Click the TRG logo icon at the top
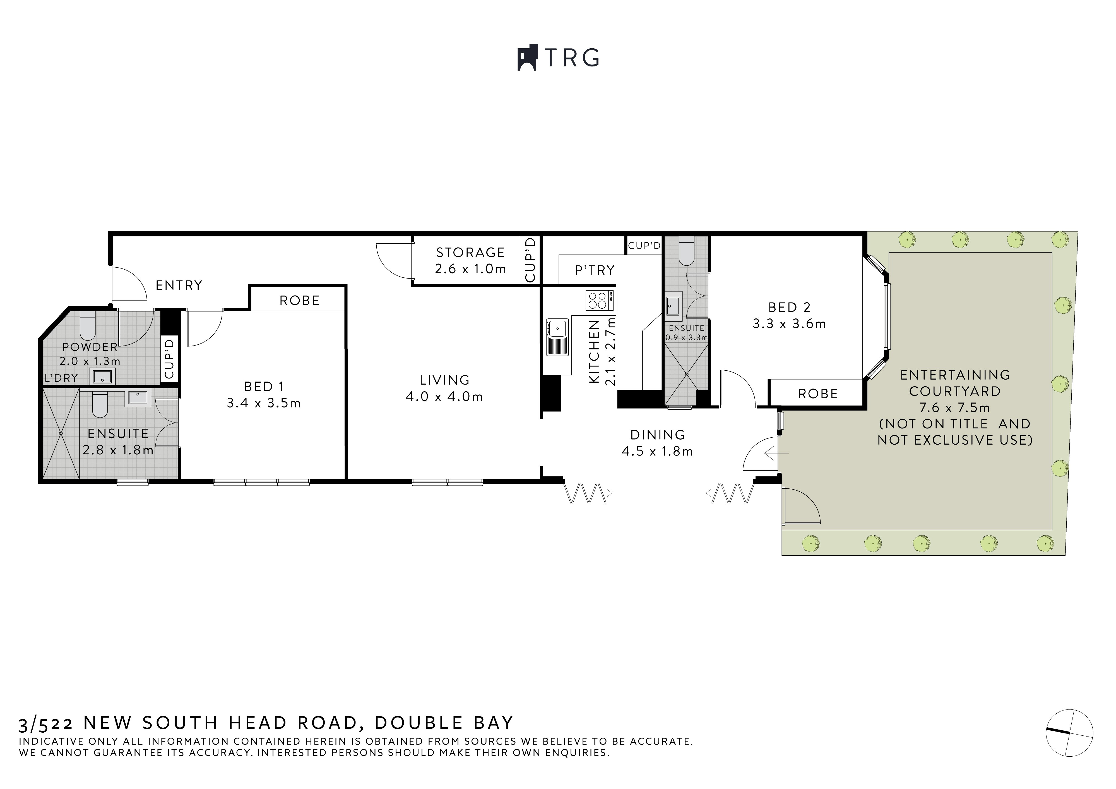[x=527, y=58]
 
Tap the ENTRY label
[x=179, y=285]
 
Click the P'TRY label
[x=595, y=270]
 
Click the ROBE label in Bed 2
[x=818, y=394]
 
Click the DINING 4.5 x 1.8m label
[x=657, y=443]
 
